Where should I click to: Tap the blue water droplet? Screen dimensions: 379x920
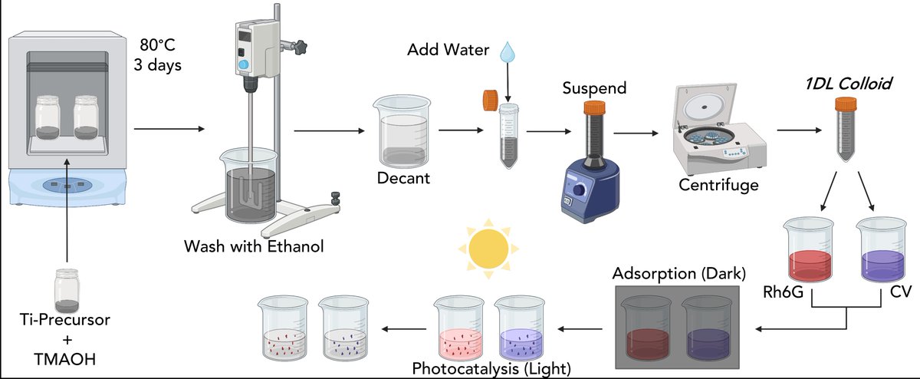point(506,52)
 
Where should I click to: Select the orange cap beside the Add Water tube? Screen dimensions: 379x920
point(490,100)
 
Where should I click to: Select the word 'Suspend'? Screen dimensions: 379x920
point(594,87)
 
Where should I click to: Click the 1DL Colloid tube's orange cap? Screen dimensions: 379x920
point(846,104)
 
